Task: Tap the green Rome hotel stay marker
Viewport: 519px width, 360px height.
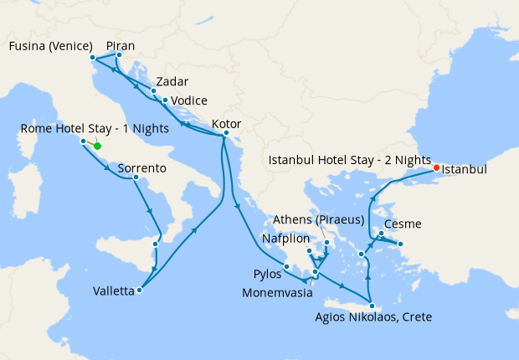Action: click(x=97, y=146)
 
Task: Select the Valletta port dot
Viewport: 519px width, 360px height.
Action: click(x=140, y=291)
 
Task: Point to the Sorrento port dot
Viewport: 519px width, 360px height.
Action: click(x=136, y=177)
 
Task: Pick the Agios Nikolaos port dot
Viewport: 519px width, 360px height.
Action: click(x=371, y=306)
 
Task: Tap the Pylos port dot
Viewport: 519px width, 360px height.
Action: click(x=287, y=267)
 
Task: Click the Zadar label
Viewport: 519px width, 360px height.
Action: click(x=172, y=82)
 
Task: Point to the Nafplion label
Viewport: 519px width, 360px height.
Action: click(x=285, y=238)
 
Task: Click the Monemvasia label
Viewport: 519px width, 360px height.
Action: click(x=276, y=293)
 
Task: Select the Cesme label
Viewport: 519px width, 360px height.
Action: click(x=403, y=224)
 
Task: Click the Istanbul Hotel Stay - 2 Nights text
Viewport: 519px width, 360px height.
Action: click(x=349, y=160)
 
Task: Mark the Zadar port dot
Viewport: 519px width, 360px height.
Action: click(x=154, y=90)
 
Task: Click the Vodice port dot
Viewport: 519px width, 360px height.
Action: click(x=166, y=100)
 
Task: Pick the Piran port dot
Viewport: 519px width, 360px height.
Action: click(x=118, y=56)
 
